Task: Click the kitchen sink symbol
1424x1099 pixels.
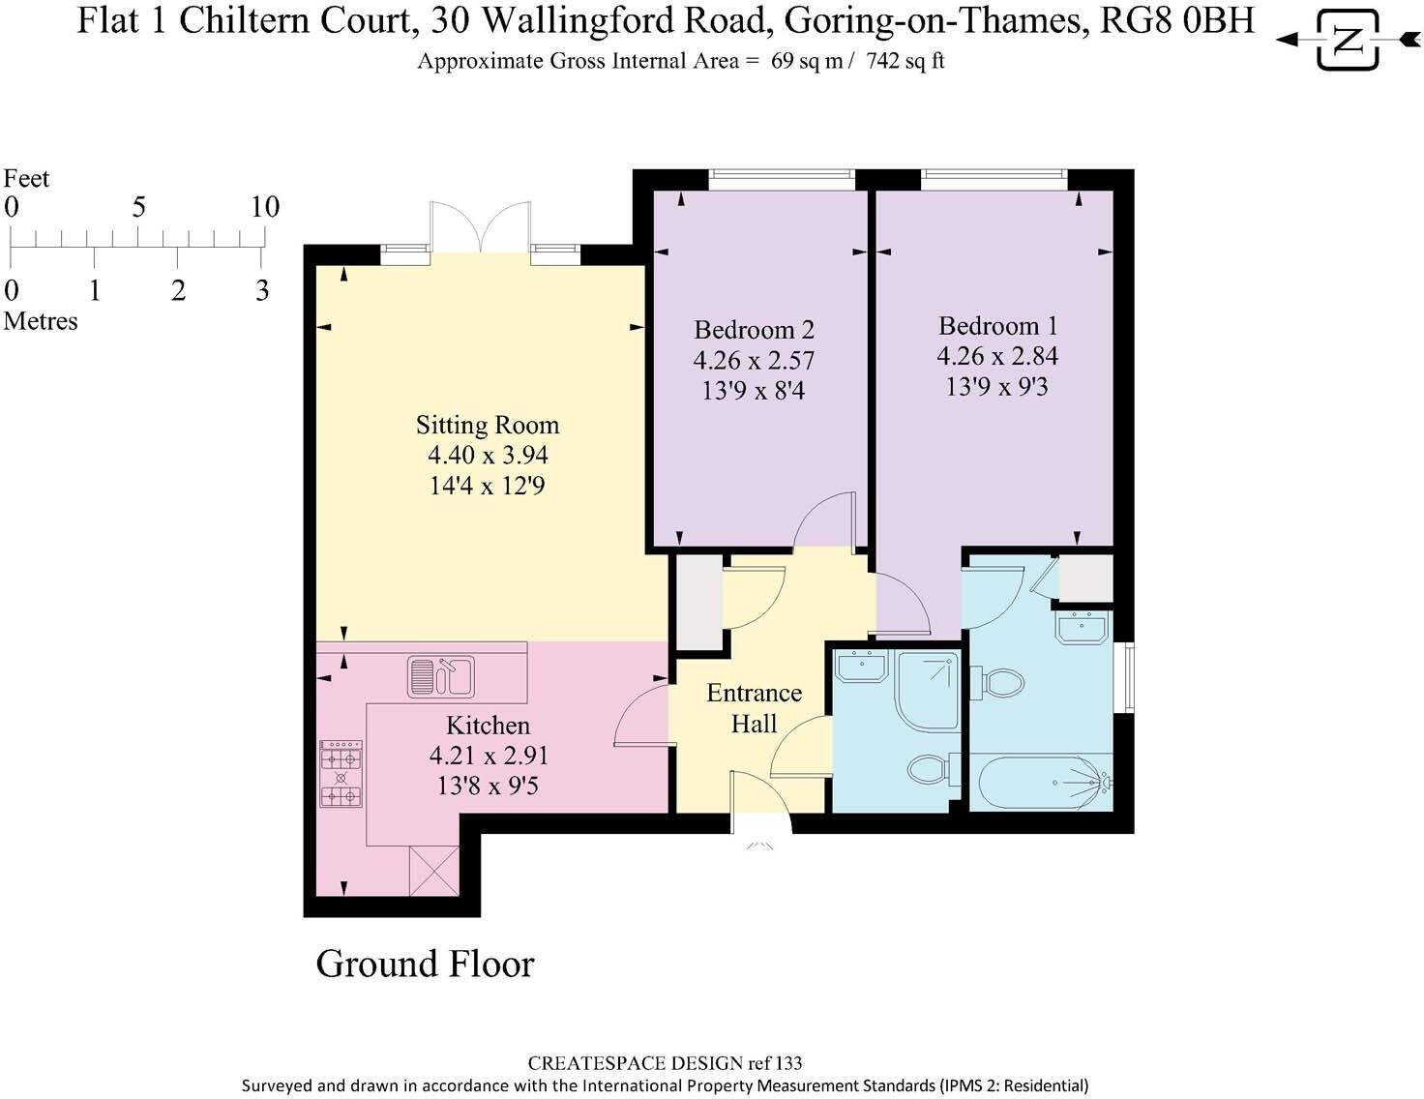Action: click(x=441, y=675)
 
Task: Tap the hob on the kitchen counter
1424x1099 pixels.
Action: click(x=341, y=775)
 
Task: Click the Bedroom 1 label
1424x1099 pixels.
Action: click(x=997, y=326)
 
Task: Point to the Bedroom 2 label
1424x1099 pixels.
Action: click(x=754, y=330)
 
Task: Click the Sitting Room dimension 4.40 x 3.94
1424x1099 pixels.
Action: click(x=488, y=456)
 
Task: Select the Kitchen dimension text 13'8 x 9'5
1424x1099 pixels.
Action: click(x=488, y=786)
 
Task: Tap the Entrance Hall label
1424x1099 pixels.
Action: click(x=754, y=708)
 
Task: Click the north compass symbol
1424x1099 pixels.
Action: click(x=1348, y=40)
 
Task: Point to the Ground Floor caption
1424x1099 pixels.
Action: click(x=425, y=965)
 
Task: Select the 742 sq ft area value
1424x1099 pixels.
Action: click(x=905, y=61)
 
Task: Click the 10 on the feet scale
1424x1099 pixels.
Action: click(x=264, y=206)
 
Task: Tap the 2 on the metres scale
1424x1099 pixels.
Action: click(x=178, y=290)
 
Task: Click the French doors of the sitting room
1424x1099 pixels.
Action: click(x=481, y=228)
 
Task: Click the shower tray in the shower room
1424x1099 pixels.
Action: click(x=927, y=690)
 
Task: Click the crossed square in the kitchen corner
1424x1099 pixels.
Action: click(x=433, y=871)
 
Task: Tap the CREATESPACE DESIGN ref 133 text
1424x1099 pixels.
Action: click(x=665, y=1063)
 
